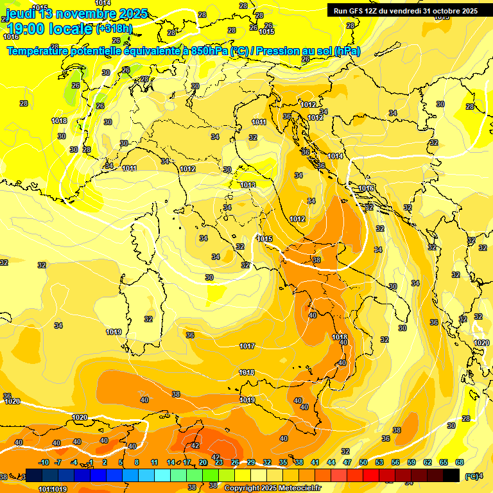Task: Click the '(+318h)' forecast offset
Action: (114, 29)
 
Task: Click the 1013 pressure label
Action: (248, 185)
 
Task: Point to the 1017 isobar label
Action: (247, 346)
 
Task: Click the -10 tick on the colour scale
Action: (44, 462)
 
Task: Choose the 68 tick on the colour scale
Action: (460, 462)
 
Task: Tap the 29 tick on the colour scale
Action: (251, 462)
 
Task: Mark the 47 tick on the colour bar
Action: (347, 462)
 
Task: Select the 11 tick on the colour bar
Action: (154, 462)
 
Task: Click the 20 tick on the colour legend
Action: (202, 462)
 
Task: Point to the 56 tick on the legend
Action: (395, 462)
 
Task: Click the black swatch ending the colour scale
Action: (451, 475)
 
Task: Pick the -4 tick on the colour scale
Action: (74, 462)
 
